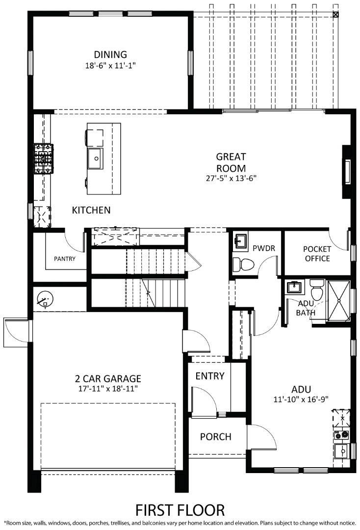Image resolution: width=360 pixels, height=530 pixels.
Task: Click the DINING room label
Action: pos(110,54)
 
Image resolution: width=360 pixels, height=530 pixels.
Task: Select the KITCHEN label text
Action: pos(91,210)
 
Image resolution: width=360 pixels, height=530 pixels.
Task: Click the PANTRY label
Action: pos(65,259)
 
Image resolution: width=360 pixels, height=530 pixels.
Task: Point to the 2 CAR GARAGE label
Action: pos(108,378)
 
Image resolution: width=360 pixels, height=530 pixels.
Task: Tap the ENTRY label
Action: pos(210,376)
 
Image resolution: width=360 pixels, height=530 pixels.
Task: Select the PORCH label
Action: pos(215,437)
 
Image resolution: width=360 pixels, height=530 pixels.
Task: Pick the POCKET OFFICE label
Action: pos(317,254)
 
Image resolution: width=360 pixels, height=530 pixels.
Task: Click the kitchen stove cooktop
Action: pos(43,159)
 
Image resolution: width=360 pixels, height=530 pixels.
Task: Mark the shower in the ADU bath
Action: pos(338,301)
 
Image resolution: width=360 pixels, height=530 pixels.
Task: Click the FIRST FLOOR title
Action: pos(180,509)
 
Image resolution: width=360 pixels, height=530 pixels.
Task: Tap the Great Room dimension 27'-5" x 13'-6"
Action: pos(231,178)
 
